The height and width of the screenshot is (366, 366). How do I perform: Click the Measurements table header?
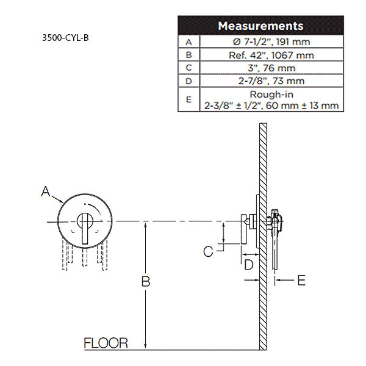(x=260, y=26)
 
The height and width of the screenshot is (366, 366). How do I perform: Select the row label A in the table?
(x=188, y=41)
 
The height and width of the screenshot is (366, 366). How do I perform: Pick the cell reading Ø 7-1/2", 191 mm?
(x=271, y=41)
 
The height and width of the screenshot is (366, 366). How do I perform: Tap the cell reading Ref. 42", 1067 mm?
(x=271, y=54)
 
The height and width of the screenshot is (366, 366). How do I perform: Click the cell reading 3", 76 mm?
(x=271, y=67)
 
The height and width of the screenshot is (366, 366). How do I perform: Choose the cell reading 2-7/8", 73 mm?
(x=271, y=81)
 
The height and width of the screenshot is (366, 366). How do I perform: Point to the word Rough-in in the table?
(x=271, y=95)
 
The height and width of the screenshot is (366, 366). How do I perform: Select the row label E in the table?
(x=188, y=99)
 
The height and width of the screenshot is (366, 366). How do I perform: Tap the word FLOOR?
(x=106, y=343)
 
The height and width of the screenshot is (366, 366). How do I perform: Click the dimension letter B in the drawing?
(x=146, y=282)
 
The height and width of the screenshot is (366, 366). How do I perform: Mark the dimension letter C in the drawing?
(x=209, y=250)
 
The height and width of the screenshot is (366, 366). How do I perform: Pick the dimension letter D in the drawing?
(x=248, y=265)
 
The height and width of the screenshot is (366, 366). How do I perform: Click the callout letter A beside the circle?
(x=46, y=192)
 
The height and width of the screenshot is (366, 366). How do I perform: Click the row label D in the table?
(x=188, y=81)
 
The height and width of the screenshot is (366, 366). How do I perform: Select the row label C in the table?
(x=188, y=67)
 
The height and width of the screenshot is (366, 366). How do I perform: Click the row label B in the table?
(x=188, y=54)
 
